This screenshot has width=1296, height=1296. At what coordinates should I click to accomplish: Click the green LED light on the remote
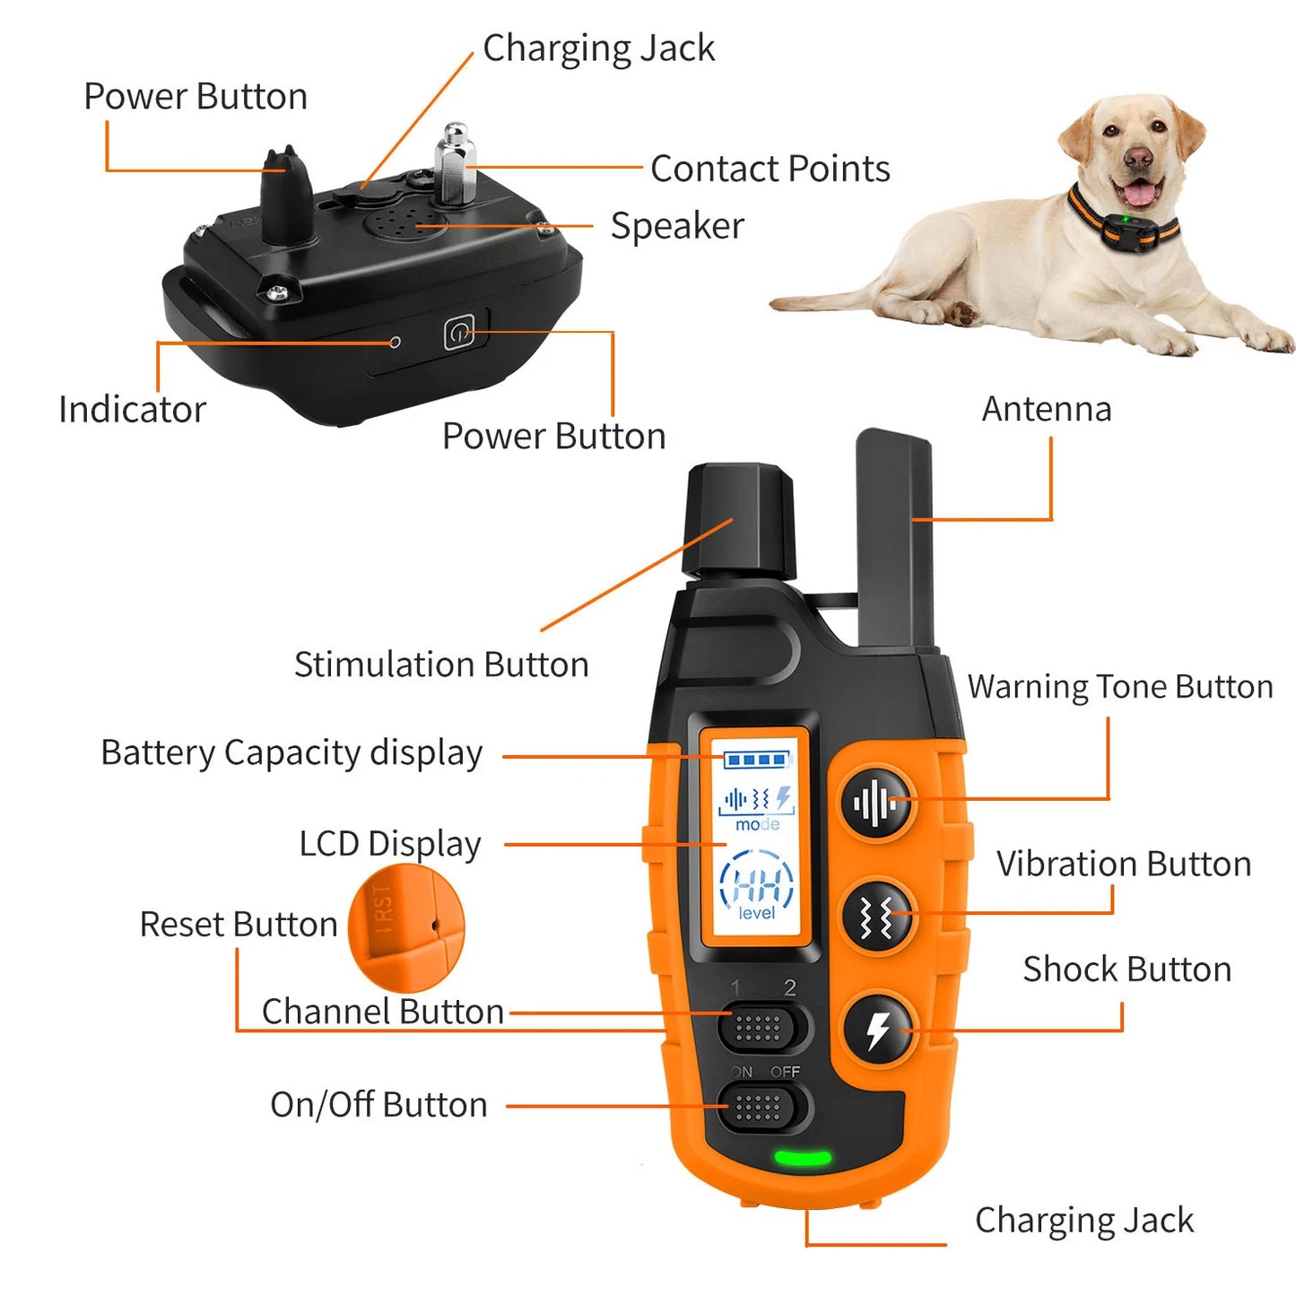(x=802, y=1157)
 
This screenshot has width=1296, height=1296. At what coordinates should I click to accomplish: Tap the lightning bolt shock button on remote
(x=877, y=1031)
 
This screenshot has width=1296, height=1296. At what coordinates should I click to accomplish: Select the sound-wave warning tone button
(x=875, y=803)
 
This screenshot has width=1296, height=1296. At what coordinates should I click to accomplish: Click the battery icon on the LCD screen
(x=758, y=761)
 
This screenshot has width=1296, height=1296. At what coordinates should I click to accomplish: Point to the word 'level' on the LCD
(x=757, y=913)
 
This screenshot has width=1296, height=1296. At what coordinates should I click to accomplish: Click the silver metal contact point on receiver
(x=455, y=163)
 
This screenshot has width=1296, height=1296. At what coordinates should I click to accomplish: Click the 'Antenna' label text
(x=1047, y=409)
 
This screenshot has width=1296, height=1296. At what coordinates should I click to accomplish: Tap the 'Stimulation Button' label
(x=441, y=665)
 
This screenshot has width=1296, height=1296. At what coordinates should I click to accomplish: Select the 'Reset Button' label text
(x=239, y=925)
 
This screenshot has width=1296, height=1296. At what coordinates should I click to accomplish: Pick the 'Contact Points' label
(x=770, y=169)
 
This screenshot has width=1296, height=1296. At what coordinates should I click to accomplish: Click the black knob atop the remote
(x=739, y=520)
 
